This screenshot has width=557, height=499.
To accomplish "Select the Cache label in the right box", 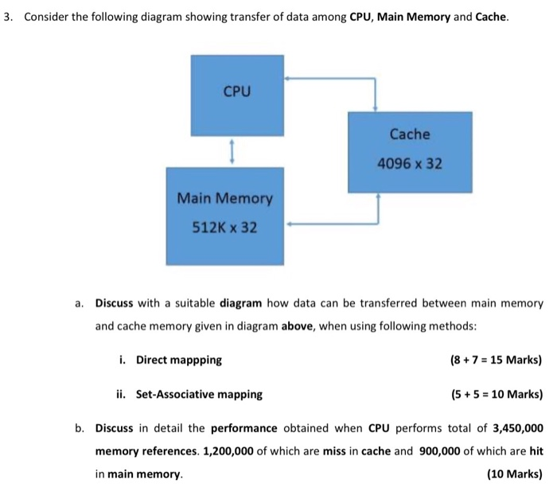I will tap(410, 134).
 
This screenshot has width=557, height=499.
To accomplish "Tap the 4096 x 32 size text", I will tap(410, 165).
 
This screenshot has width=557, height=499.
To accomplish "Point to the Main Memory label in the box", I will tap(224, 198).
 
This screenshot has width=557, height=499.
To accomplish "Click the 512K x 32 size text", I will tap(225, 228).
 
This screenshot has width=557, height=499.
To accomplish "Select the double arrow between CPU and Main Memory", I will tap(232, 151).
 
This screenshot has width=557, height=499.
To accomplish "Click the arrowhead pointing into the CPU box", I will tap(289, 78).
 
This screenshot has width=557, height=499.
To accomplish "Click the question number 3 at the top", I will tap(7, 18).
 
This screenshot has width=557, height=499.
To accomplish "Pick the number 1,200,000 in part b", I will tap(229, 450).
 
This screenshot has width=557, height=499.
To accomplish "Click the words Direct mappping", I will tap(179, 360).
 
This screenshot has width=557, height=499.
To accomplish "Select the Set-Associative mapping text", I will tap(199, 394).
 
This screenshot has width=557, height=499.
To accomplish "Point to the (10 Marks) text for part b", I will tap(514, 474).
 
